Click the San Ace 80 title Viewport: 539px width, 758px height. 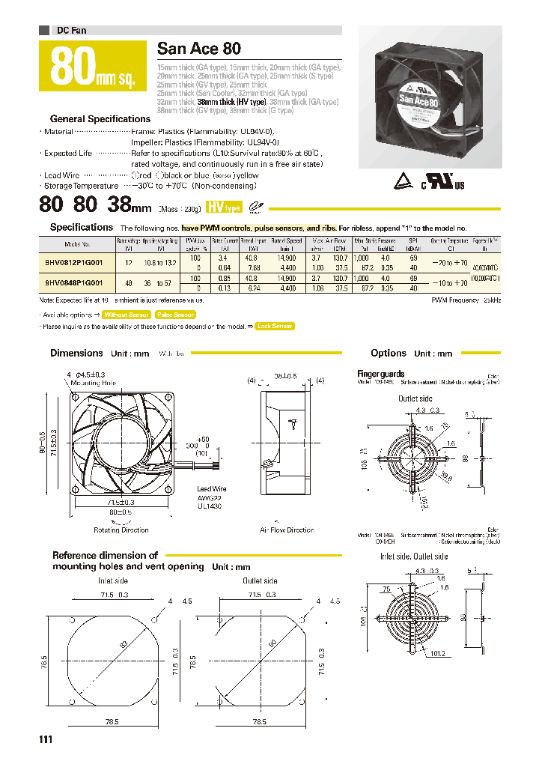pos(199,49)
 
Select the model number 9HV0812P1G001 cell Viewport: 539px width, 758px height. pos(74,261)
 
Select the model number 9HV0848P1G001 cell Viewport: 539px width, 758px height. pos(74,282)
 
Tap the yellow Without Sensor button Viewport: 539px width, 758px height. pos(126,315)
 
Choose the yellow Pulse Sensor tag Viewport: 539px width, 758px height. pos(175,315)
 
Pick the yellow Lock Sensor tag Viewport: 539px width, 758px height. pos(274,326)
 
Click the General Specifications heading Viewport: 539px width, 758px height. pos(100,119)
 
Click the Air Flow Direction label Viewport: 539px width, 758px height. pos(287,530)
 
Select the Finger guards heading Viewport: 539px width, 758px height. pos(381,374)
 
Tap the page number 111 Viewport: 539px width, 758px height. pos(46,740)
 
